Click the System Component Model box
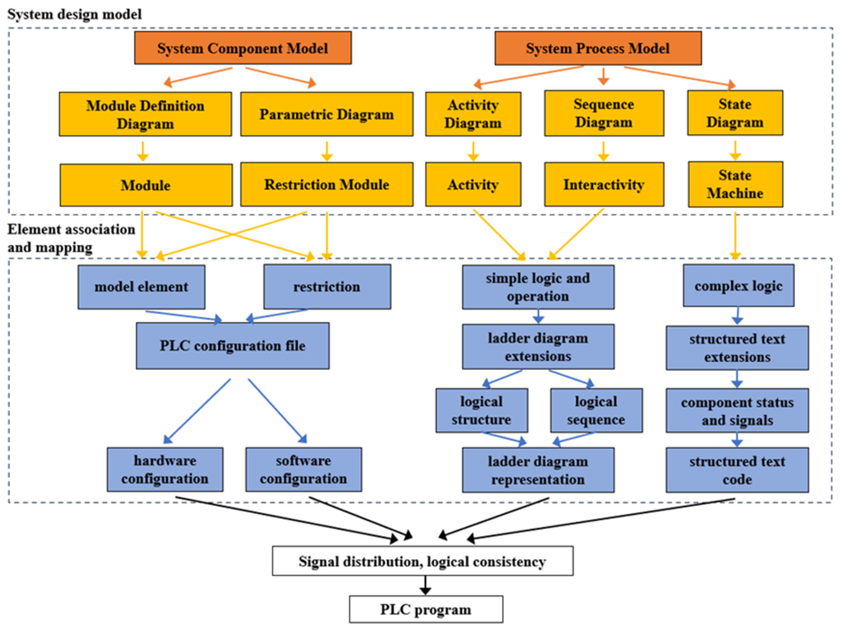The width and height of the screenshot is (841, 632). [x=243, y=48]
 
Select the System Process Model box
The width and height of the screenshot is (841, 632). [x=598, y=48]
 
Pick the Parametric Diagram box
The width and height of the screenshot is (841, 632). [x=327, y=114]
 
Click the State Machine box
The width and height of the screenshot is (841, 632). [x=735, y=185]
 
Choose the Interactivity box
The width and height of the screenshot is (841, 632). [x=604, y=185]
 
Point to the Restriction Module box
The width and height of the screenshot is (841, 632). [x=327, y=185]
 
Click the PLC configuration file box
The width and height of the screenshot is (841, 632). [x=232, y=346]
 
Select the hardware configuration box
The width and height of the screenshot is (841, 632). [x=165, y=469]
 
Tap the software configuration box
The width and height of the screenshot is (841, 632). [x=303, y=469]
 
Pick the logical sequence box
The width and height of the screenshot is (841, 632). [x=596, y=410]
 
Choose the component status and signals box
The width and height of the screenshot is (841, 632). [x=737, y=411]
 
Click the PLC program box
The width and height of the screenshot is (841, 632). [x=426, y=609]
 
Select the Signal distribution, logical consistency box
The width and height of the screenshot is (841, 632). [x=423, y=561]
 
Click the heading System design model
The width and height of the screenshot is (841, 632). [x=74, y=15]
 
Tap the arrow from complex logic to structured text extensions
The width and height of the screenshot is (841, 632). [x=738, y=315]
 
